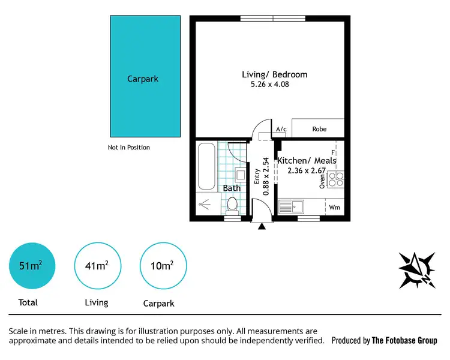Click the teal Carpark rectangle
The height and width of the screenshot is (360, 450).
145,76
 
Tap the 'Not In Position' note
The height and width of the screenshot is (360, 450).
129,148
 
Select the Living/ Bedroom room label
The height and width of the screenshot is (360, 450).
274,74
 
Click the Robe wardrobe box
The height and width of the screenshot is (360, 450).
319,128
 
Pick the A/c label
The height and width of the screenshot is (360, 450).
281,129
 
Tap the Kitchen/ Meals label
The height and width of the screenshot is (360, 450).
307,160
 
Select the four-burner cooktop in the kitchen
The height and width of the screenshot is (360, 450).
336,178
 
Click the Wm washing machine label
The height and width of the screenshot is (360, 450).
334,208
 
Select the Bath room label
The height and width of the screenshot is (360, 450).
232,188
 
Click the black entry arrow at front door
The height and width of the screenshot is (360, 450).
261,226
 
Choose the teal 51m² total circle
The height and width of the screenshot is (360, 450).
33,265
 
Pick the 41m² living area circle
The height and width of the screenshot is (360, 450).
96,265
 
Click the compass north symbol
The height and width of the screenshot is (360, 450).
416,269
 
